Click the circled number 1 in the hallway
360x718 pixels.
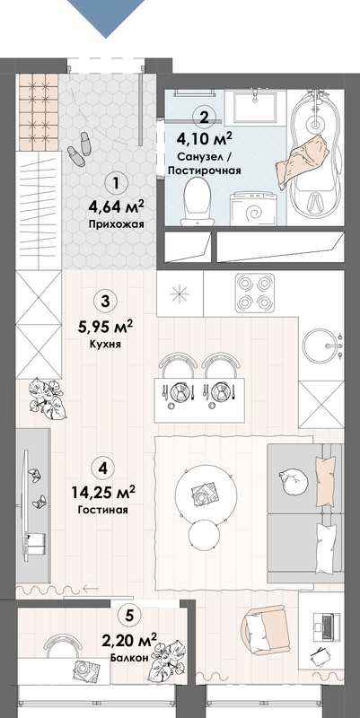pyautogui.click(x=115, y=184)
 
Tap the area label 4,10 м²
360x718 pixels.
pyautogui.click(x=204, y=138)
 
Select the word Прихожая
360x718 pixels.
pyautogui.click(x=116, y=224)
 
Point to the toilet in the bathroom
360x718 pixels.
pyautogui.click(x=196, y=202)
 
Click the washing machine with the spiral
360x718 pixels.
pyautogui.click(x=252, y=209)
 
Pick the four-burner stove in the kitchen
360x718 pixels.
pyautogui.click(x=255, y=293)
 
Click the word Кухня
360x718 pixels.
pyautogui.click(x=105, y=345)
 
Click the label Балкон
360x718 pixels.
pyautogui.click(x=128, y=659)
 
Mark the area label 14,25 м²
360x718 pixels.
pyautogui.click(x=103, y=493)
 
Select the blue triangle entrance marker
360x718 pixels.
pyautogui.click(x=106, y=18)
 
